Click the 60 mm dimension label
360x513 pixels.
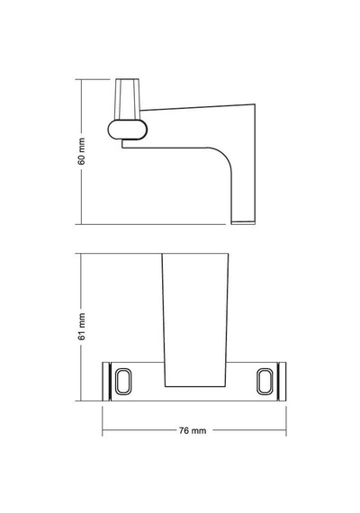(82, 151)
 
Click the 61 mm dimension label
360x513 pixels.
(82, 327)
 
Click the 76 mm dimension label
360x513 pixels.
(193, 430)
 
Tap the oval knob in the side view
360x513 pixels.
(127, 130)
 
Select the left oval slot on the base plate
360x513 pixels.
(123, 382)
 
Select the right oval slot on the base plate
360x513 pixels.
(265, 382)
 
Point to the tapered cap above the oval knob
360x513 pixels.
(127, 99)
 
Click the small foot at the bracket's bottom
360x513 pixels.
(243, 223)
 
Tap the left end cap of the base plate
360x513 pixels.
(106, 382)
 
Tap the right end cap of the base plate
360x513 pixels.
(282, 382)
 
